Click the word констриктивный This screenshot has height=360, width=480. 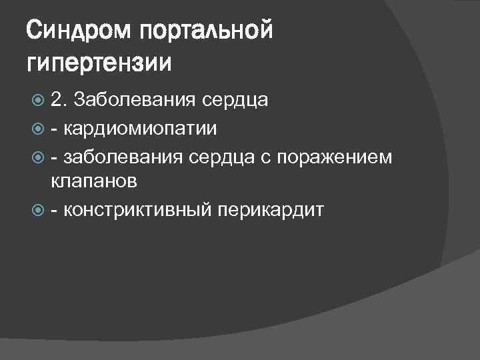click(137, 210)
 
